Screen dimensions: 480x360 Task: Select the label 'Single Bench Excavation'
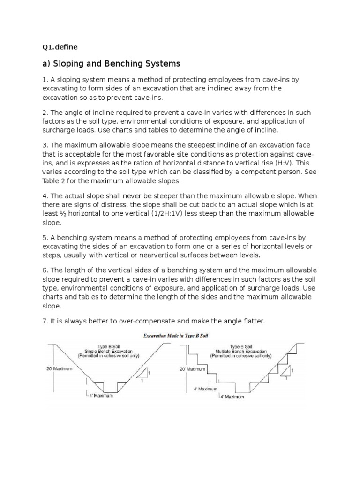(x=108, y=351)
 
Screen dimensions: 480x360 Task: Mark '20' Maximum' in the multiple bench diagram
(x=193, y=369)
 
